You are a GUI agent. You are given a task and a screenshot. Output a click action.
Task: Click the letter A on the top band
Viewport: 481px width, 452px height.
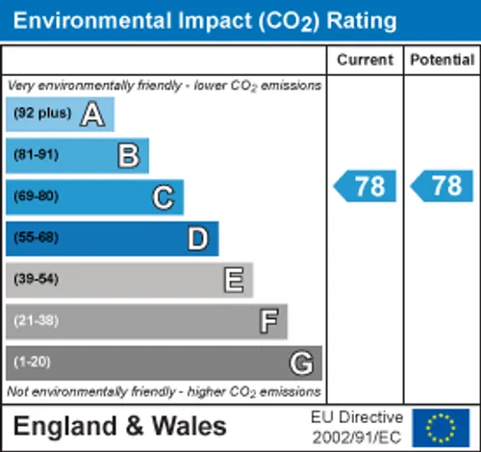point(92,114)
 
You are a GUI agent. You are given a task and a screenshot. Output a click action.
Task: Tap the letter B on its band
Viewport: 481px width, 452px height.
point(129,155)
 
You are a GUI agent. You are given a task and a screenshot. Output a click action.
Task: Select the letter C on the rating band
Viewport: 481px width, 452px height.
point(164,198)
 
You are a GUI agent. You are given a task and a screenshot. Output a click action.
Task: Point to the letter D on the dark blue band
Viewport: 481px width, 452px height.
point(198,239)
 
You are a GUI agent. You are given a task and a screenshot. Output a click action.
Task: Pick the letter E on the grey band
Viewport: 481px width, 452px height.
point(234,279)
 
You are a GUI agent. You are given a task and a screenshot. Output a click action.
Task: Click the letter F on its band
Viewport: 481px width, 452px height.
point(268,321)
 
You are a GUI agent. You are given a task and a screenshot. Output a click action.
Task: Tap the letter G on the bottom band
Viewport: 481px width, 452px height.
point(301,362)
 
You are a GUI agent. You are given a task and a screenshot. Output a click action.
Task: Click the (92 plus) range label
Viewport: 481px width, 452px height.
point(42,113)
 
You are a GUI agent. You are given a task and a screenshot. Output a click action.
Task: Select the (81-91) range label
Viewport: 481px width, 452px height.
point(37,155)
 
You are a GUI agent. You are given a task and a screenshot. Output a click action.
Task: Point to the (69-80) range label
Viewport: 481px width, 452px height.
point(37,196)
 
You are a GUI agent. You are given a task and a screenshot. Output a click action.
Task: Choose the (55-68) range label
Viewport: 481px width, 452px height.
point(37,237)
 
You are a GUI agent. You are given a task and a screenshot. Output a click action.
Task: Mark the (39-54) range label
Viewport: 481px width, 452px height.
point(37,279)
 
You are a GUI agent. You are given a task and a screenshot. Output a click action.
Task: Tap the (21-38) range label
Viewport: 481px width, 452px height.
point(37,320)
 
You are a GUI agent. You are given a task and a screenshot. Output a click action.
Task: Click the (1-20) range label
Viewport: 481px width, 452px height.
point(32,361)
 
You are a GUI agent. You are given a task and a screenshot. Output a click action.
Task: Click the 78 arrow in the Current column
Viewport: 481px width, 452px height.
point(365,186)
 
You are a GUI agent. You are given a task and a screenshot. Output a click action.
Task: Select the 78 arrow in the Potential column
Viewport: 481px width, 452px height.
point(442,186)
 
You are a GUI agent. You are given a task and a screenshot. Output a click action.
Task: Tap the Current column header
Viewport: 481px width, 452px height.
point(365,60)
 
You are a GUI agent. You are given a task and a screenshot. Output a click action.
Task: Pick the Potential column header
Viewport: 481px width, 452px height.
point(443,60)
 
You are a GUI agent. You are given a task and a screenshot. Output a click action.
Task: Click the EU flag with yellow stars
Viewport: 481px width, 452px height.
point(441,428)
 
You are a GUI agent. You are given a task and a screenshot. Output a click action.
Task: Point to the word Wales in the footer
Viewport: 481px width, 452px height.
point(190,426)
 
